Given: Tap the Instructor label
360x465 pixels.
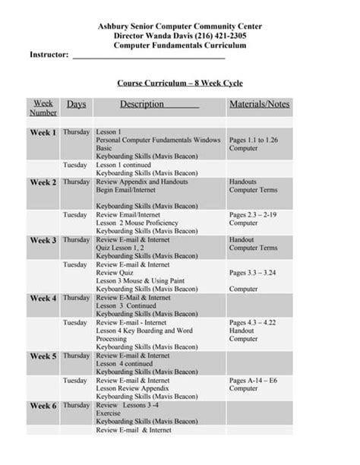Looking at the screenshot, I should (x=49, y=55).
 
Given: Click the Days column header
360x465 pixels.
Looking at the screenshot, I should (x=76, y=104).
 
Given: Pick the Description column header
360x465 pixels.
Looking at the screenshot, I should (x=141, y=104).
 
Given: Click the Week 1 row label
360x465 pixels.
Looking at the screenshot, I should (x=43, y=133).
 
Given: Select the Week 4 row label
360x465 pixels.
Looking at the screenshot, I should (x=43, y=299).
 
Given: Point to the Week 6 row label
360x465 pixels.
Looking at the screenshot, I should (x=43, y=406).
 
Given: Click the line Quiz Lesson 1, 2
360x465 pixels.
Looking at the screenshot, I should (x=122, y=248).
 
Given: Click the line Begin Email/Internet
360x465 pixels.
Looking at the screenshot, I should (x=126, y=191).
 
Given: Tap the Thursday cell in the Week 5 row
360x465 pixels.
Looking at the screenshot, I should (x=76, y=356).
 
